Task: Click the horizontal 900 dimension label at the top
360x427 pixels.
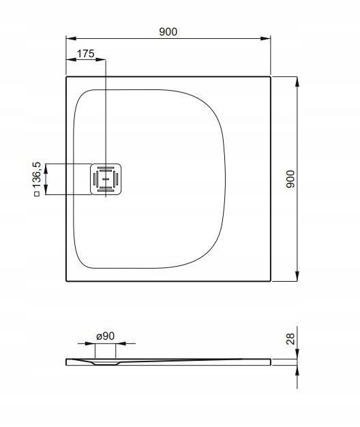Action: pos(168,31)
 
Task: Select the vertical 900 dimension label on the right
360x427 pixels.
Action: pos(290,179)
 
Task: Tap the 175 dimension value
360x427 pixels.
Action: pos(85,53)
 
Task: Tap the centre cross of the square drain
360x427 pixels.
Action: pos(105,179)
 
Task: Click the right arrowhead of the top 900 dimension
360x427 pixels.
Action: pos(269,39)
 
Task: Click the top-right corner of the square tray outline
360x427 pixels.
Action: pos(271,76)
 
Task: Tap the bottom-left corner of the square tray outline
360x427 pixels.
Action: pos(66,280)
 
